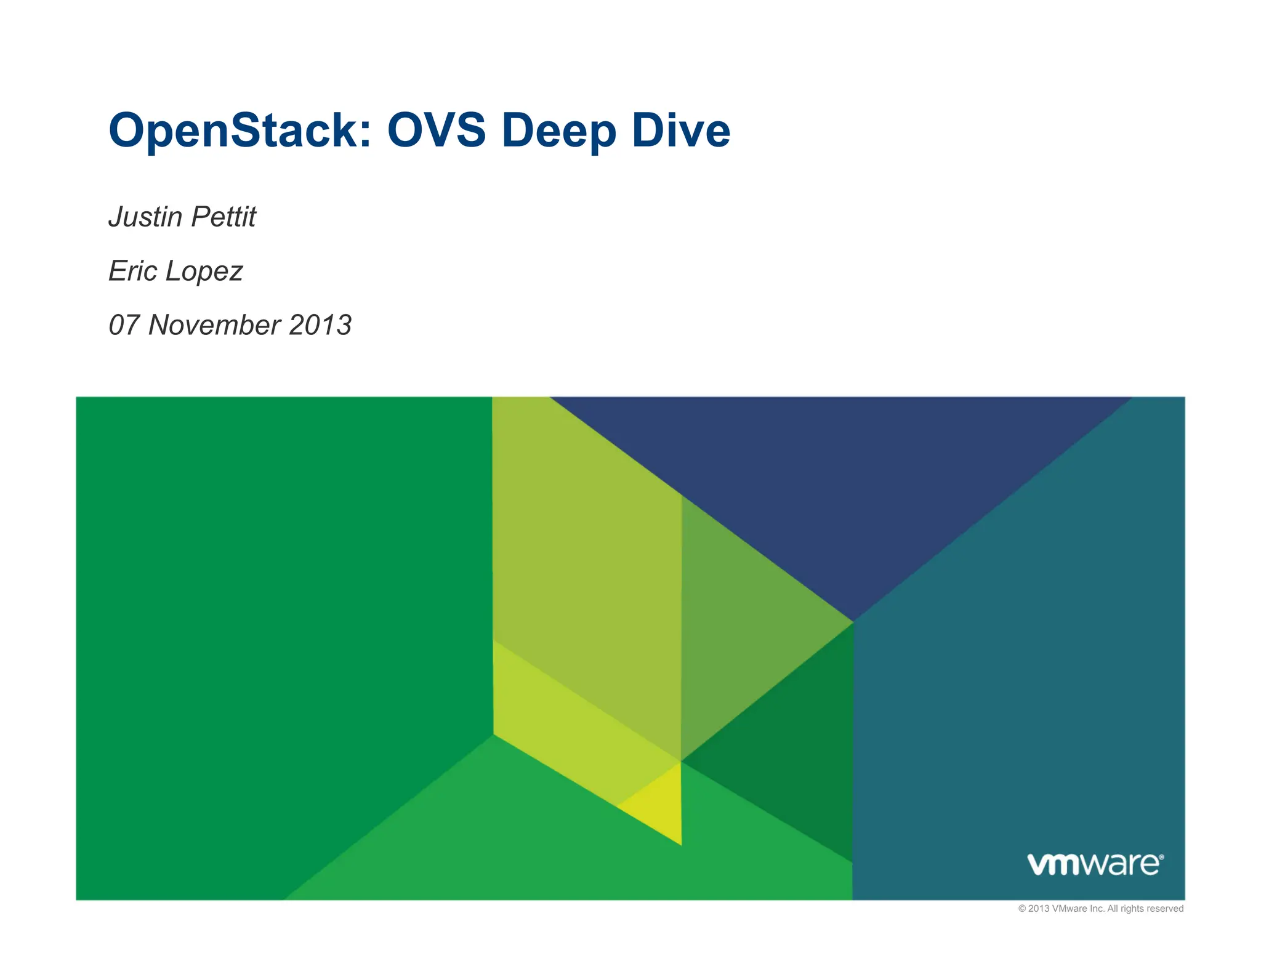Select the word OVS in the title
pos(436,131)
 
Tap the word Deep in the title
pos(558,131)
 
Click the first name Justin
pos(145,217)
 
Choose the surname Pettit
pos(223,217)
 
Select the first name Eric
pos(132,271)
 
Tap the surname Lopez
pos(203,271)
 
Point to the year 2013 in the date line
pos(320,325)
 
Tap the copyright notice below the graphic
pos(1100,909)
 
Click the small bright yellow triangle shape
pos(659,807)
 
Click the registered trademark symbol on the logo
pos(1161,856)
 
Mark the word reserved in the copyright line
pos(1165,909)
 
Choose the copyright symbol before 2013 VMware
pos(1022,909)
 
